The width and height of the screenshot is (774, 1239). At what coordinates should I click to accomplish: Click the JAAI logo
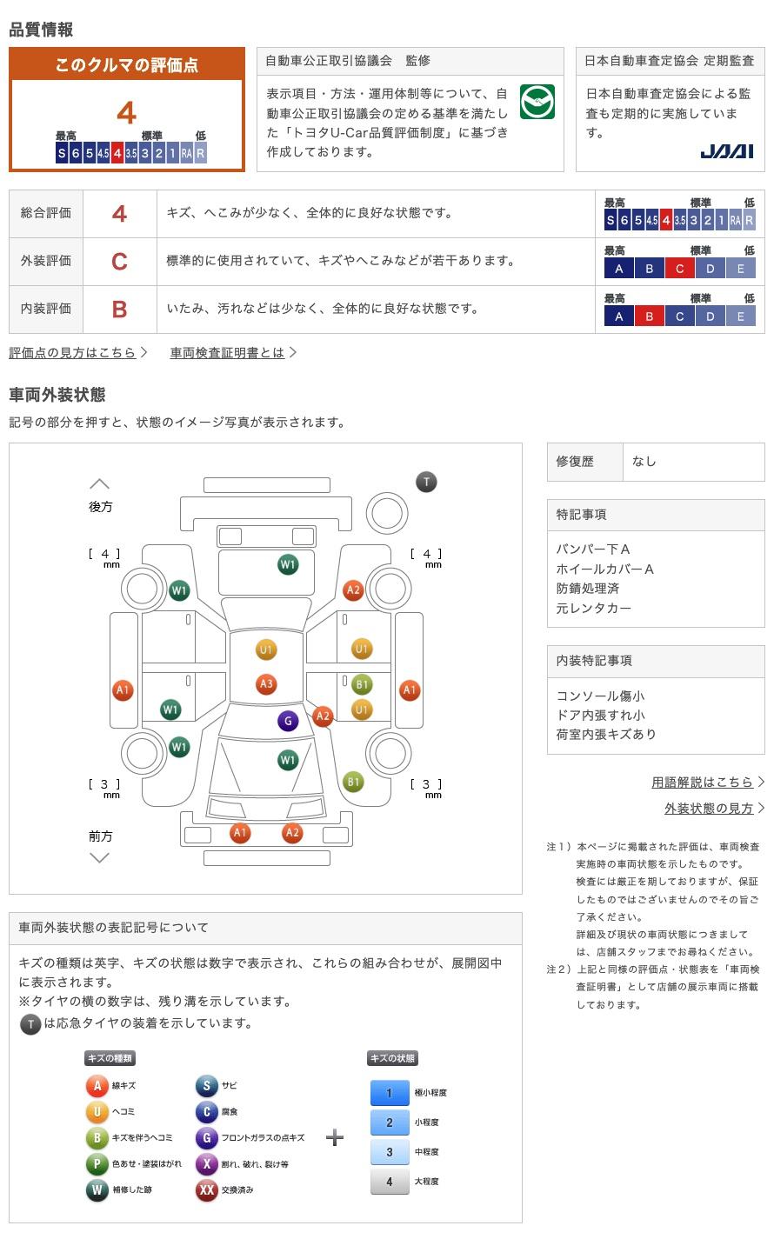[x=726, y=151]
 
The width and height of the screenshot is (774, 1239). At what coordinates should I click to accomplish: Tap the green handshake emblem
[x=537, y=103]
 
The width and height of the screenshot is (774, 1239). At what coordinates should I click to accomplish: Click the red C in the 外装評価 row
[x=119, y=261]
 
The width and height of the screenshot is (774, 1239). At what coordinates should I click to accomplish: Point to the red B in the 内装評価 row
[x=119, y=309]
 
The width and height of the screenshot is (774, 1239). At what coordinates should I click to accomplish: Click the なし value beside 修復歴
[x=644, y=462]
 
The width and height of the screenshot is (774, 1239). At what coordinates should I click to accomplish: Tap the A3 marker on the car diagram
[x=266, y=684]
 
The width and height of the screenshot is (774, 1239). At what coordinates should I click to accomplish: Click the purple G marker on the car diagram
[x=288, y=720]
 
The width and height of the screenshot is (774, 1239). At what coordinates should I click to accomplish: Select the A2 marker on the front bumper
[x=292, y=833]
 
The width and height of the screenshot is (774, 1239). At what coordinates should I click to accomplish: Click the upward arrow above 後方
[x=100, y=483]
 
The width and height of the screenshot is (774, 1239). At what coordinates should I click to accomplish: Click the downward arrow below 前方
[x=100, y=858]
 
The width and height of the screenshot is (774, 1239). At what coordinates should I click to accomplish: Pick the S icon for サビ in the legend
[x=206, y=1085]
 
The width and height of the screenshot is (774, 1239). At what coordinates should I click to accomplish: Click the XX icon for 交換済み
[x=206, y=1189]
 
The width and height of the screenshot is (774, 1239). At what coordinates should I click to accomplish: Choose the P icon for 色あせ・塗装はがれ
[x=97, y=1163]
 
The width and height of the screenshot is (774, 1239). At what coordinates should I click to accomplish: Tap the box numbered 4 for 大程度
[x=390, y=1182]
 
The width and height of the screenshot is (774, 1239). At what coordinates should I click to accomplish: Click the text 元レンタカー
[x=594, y=608]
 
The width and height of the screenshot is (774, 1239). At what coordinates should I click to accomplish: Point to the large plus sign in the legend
[x=335, y=1137]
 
